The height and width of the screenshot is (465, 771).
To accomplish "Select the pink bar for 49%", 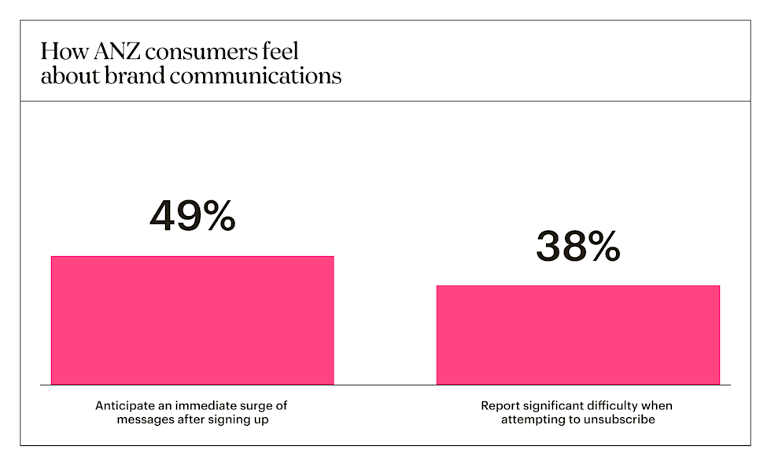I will [x=192, y=320].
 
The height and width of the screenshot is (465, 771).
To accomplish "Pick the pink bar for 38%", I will [x=578, y=335].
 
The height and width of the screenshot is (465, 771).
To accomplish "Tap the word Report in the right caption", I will [x=500, y=406].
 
